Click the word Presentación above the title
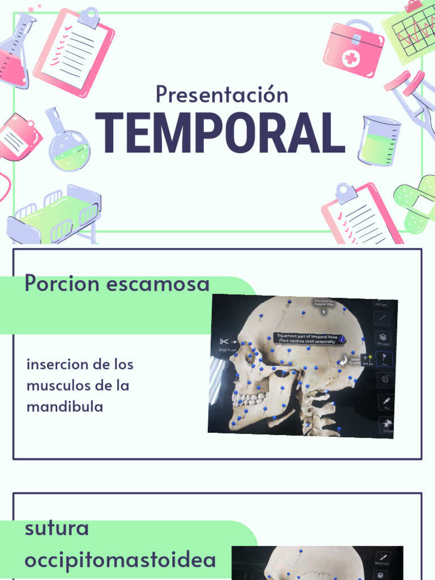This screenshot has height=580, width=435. [x=222, y=94]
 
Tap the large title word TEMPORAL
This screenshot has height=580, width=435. [x=220, y=133]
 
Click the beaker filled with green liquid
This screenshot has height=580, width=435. [x=378, y=142]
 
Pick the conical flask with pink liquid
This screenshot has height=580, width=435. [x=15, y=54]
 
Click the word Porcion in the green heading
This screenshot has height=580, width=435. [x=62, y=284]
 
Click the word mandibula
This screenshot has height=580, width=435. [x=65, y=407]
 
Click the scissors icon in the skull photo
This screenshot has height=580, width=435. [x=223, y=342]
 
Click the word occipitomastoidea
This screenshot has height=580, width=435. [x=120, y=560]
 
